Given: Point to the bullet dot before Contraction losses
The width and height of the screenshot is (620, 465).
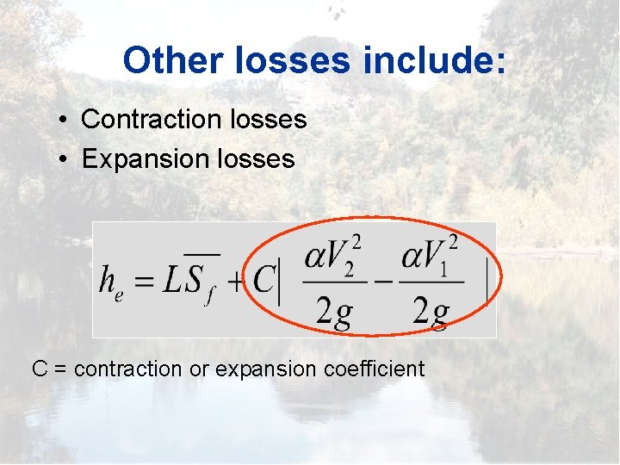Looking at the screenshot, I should [x=65, y=121].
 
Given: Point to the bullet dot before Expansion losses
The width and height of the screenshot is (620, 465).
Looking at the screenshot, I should [x=65, y=159].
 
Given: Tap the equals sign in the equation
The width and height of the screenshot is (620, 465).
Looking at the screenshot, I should [x=143, y=280].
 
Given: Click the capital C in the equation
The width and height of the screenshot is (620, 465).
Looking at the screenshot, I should [x=263, y=278].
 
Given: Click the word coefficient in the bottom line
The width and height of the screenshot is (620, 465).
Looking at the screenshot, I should [x=375, y=369].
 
